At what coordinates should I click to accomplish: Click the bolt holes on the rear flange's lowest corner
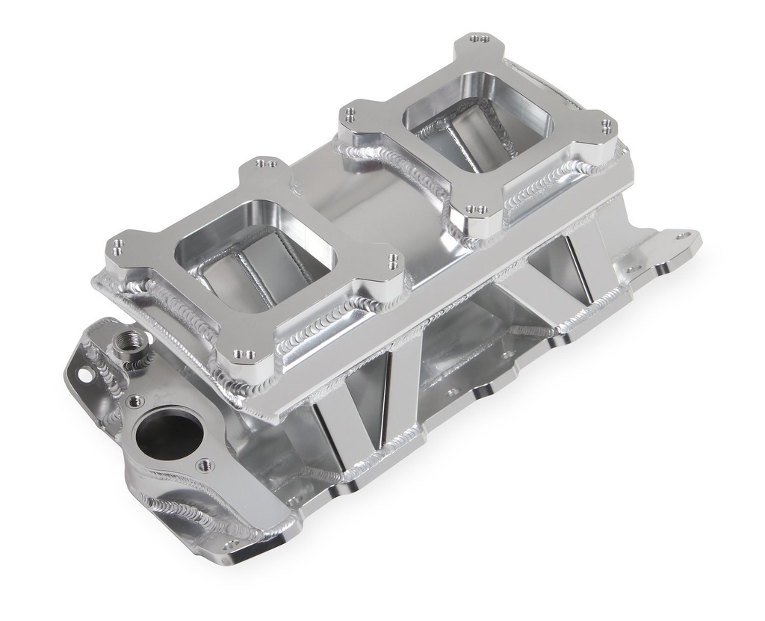[x=475, y=210]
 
